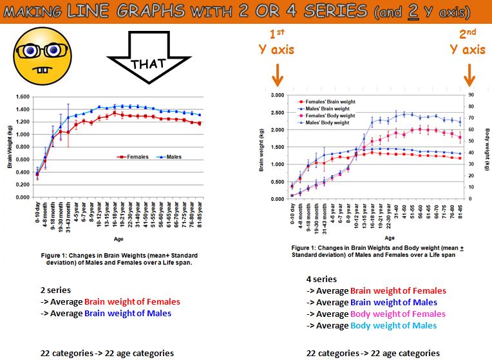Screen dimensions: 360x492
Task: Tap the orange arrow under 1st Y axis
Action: [278, 77]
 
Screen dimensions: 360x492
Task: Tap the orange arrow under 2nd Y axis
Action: [469, 77]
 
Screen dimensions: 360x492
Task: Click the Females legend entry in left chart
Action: [133, 156]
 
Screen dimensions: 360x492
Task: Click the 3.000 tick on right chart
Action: [276, 95]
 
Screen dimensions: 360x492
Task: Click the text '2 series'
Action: [55, 290]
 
